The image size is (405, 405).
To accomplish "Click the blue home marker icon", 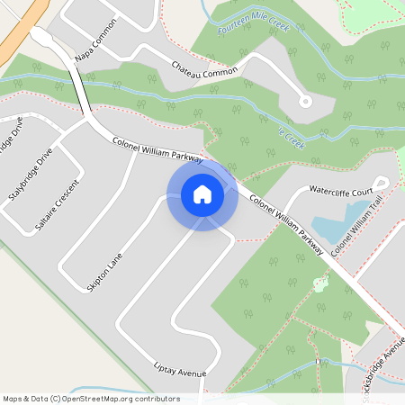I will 202,193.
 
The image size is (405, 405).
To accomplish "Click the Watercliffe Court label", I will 341,192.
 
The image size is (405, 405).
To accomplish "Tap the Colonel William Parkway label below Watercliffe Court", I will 285,224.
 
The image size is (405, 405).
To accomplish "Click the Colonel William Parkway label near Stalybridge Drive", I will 157,147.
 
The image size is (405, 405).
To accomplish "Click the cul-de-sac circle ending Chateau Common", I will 305,101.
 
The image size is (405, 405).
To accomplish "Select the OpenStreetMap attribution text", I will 90,399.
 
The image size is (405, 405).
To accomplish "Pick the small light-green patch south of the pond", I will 319,285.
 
